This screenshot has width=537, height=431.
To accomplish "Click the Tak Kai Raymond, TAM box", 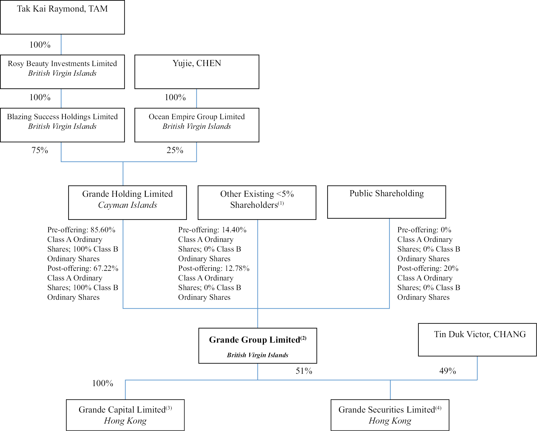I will tap(62, 17).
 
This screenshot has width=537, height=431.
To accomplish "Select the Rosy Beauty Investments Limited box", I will tap(62, 72).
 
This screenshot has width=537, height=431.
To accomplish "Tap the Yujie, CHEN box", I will tap(197, 72).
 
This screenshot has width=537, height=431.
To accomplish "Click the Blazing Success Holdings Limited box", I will tap(62, 125).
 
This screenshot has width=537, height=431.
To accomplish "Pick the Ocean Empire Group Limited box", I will tap(197, 125).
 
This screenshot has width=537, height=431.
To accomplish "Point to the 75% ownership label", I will tap(40, 150).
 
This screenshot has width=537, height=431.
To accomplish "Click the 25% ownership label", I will tap(175, 150).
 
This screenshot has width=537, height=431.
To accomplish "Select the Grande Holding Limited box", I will tap(127, 202).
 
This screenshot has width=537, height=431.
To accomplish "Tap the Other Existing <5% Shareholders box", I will tap(257, 202).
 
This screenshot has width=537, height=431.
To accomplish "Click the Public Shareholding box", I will tap(386, 202).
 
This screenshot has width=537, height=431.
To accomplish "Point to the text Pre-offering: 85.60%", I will tap(81, 230).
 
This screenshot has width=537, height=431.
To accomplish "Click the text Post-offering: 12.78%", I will tap(214, 268).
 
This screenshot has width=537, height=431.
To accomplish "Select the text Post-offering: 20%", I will tap(428, 268).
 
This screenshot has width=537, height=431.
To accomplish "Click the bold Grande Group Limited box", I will tap(258, 345).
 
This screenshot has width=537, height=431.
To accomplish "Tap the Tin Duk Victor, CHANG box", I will tap(477, 340).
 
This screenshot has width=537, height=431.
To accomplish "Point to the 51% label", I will tap(304, 371).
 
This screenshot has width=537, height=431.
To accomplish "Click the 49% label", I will tap(448, 371).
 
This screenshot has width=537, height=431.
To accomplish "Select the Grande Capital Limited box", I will tap(125, 415).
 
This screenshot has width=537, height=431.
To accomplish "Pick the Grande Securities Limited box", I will tap(390, 415).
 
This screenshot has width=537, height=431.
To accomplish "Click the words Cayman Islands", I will tap(128, 205).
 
